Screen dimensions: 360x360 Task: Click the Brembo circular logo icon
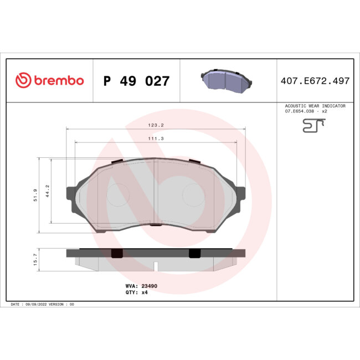(22, 81)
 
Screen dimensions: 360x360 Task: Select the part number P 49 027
(136, 81)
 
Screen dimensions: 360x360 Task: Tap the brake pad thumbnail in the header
(225, 80)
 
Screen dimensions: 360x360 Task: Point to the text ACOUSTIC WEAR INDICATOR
(315, 106)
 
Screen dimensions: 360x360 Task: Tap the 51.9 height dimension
(35, 194)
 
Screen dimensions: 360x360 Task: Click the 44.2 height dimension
(48, 191)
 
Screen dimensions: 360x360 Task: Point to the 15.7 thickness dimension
(35, 260)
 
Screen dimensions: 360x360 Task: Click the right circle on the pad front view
(194, 194)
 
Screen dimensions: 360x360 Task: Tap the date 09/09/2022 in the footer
(37, 305)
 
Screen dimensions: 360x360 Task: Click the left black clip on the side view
(116, 253)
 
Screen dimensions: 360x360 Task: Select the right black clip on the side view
(194, 253)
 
